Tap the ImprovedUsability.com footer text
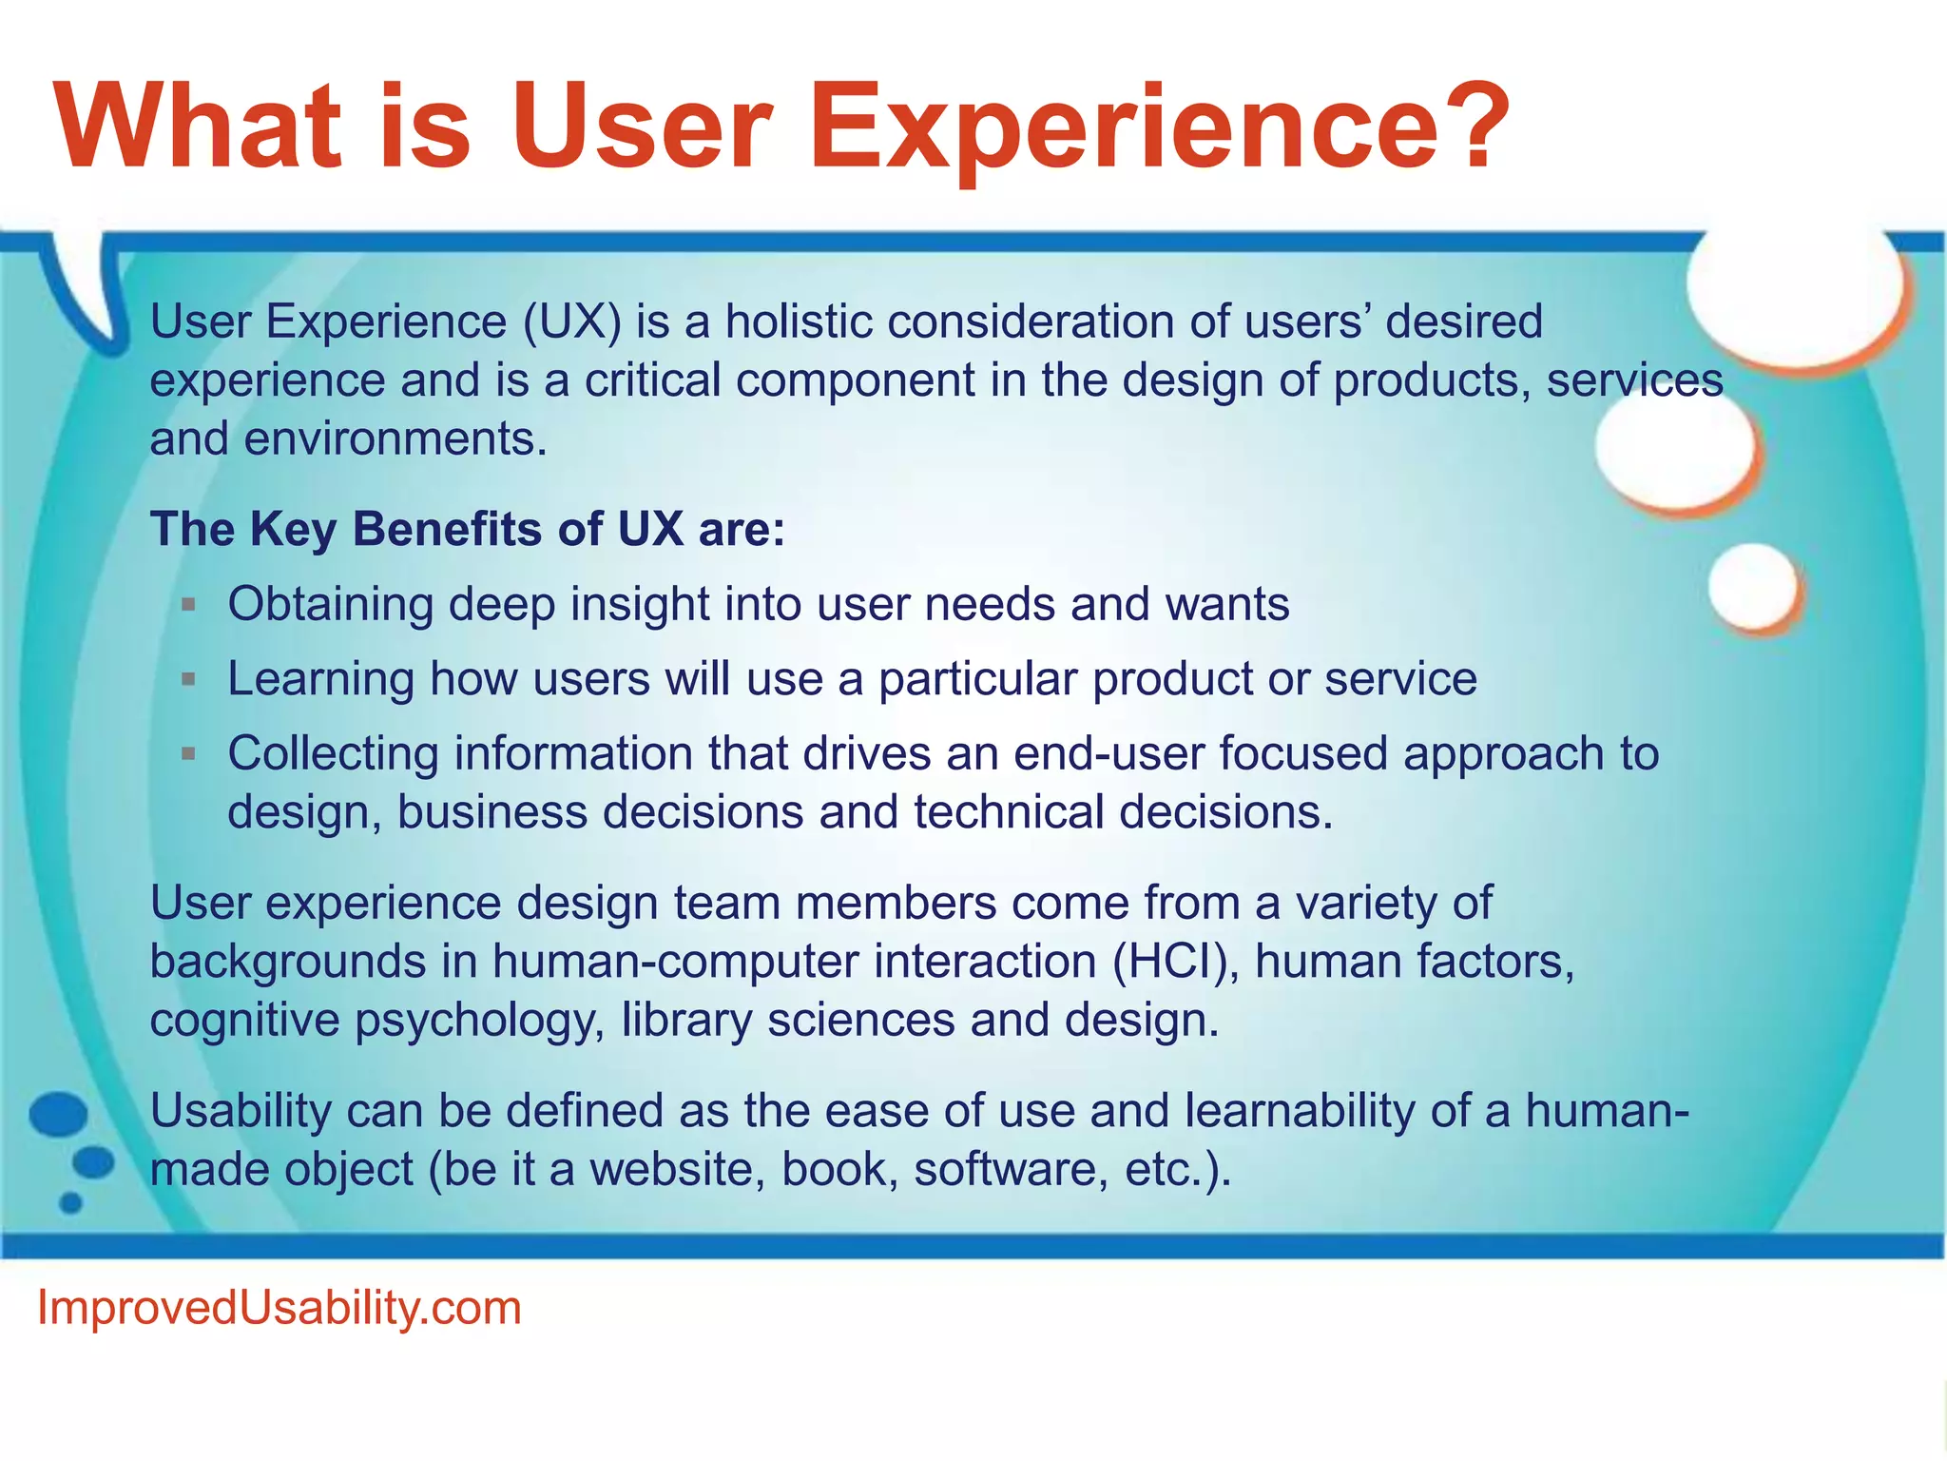(x=279, y=1308)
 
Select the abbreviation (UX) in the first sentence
(x=571, y=321)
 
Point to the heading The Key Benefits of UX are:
(x=468, y=529)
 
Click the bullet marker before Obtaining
(x=188, y=604)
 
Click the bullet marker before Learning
(x=188, y=679)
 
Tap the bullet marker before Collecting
(x=188, y=753)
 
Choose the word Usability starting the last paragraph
(x=240, y=1111)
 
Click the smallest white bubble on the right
(x=1755, y=587)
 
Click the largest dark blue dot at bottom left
(x=59, y=1115)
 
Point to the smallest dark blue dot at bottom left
(x=70, y=1202)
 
